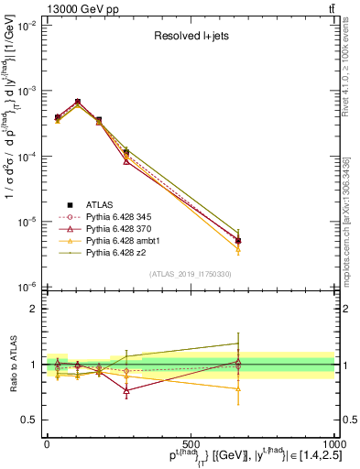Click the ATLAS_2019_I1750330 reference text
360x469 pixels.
pos(191,275)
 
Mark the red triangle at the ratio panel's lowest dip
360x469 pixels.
pos(126,390)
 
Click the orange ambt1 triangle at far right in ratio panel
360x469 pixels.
pos(238,389)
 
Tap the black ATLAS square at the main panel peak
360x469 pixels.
pos(78,102)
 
